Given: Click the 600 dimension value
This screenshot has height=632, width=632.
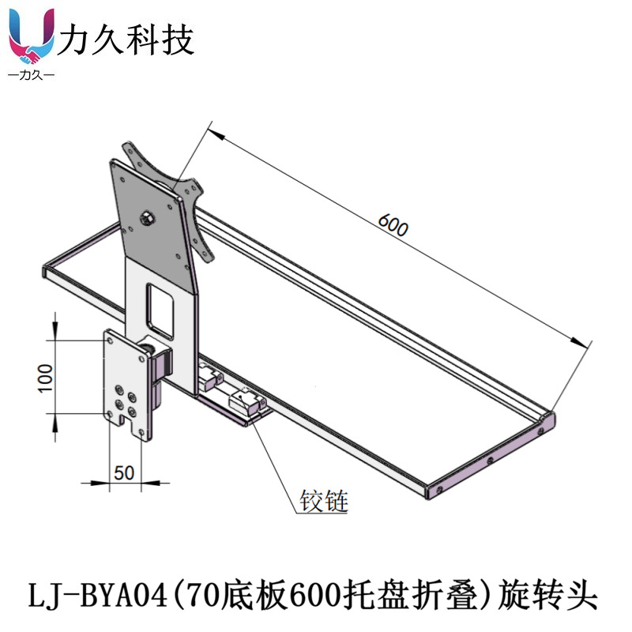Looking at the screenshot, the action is tap(393, 226).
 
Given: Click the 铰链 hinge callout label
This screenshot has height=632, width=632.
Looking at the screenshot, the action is tap(324, 501).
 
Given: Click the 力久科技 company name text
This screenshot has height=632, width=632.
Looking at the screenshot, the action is tap(127, 39).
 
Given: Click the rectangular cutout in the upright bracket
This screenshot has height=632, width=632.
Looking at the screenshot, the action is tap(160, 307).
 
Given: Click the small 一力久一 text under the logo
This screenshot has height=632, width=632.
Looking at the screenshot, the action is tap(31, 76).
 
